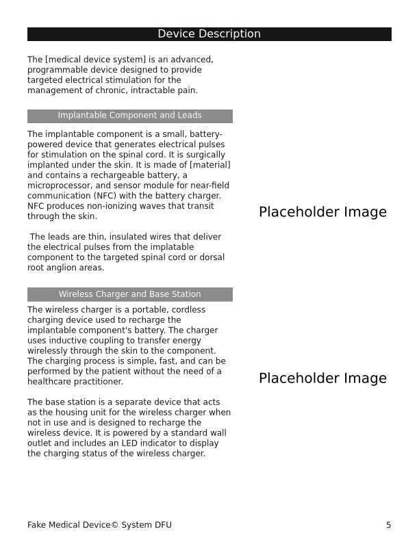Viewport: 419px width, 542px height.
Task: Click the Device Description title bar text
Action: coord(209,34)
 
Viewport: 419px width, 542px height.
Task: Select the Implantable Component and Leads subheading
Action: coord(129,116)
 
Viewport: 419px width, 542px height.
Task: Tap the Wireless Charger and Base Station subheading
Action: coord(129,294)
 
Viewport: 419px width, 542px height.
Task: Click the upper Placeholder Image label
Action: coord(322,212)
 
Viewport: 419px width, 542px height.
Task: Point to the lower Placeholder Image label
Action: coord(322,378)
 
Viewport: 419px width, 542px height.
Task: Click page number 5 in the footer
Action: coord(388,525)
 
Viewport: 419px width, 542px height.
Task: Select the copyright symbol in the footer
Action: coord(114,525)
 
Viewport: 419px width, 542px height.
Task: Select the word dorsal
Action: coord(211,257)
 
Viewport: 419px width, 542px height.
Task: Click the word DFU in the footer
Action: coord(162,525)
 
